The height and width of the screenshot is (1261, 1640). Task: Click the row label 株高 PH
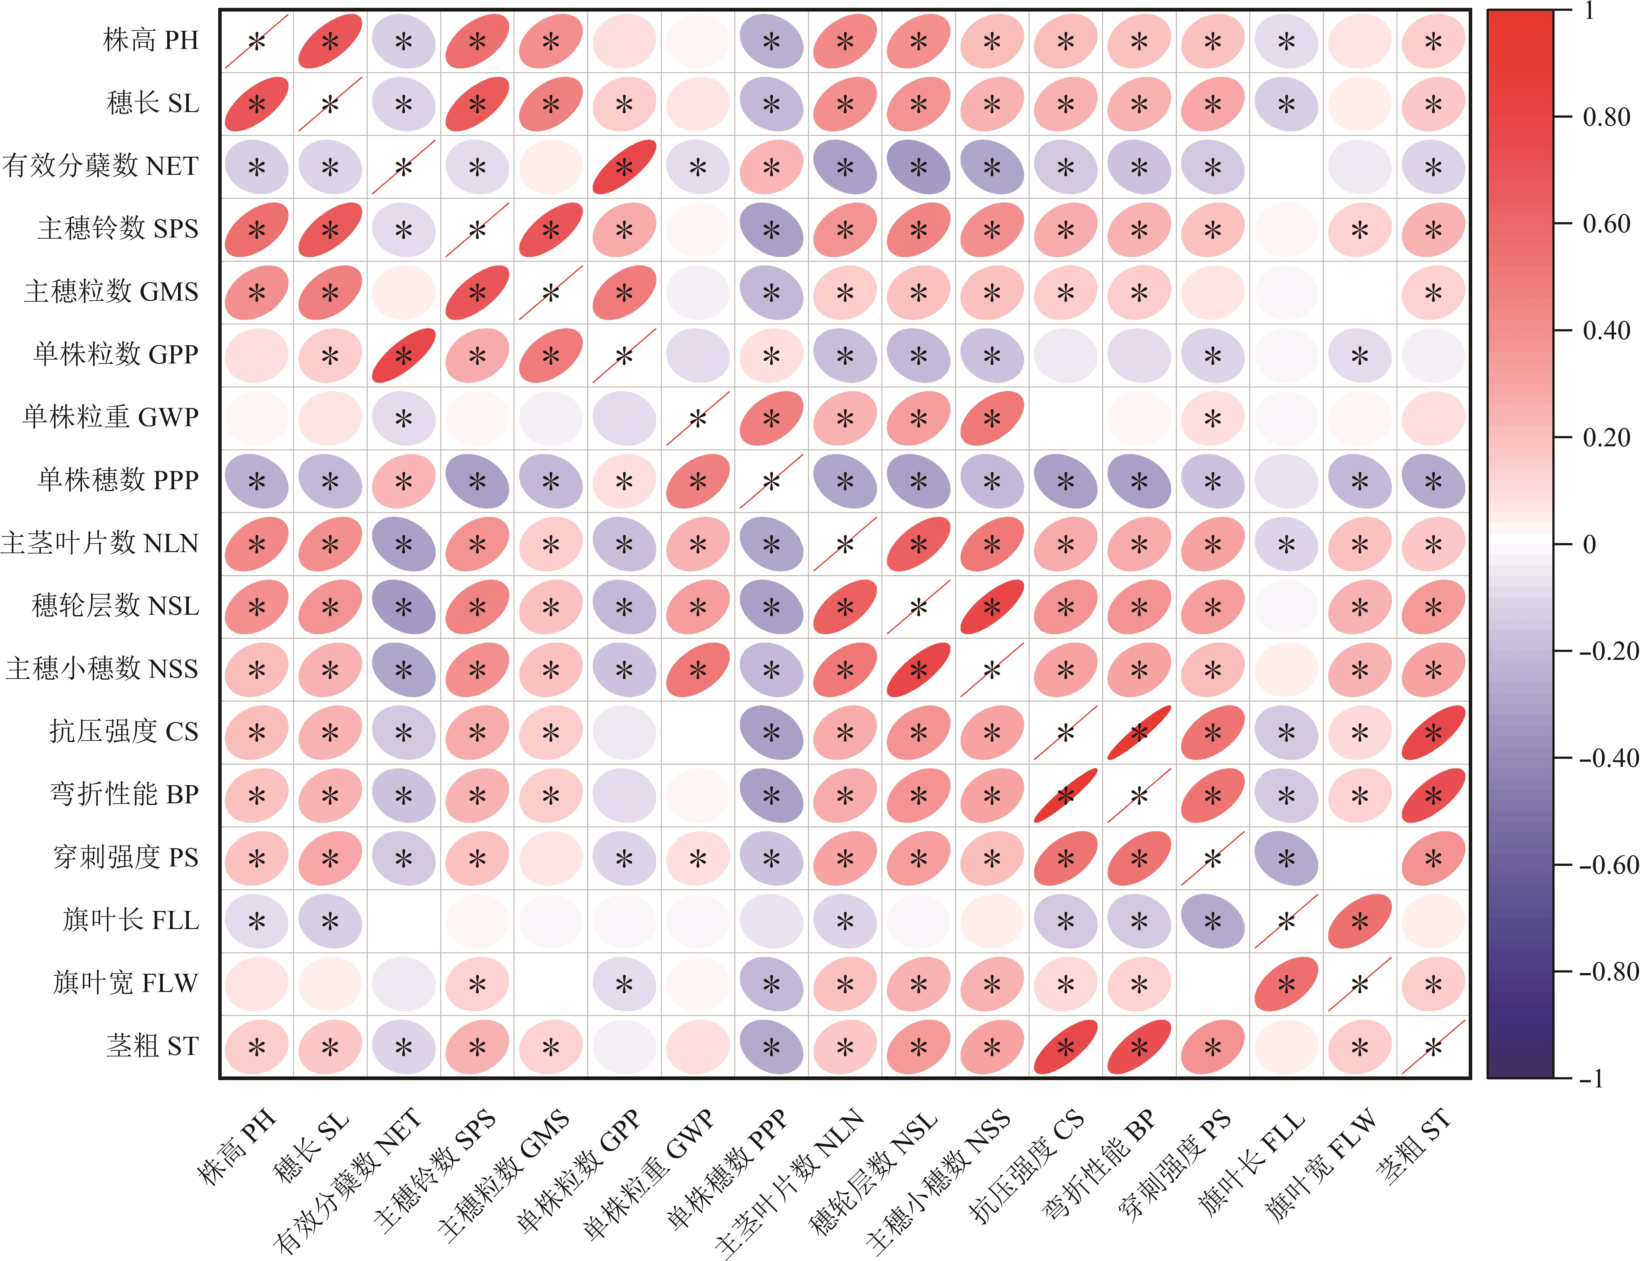(x=151, y=40)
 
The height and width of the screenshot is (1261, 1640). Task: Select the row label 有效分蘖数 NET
(x=100, y=165)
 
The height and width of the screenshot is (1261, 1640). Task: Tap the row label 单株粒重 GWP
(x=110, y=417)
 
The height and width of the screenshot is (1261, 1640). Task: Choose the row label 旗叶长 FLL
(x=131, y=920)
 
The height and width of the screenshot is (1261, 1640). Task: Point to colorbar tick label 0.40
(x=1606, y=330)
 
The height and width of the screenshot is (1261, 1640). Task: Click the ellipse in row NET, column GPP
(x=624, y=167)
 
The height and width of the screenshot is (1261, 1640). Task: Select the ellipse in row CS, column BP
(x=1139, y=733)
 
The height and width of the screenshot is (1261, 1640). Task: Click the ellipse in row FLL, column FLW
(x=1360, y=921)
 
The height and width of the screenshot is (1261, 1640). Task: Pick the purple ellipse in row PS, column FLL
(x=1286, y=858)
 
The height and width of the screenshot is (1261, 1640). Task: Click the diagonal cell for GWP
(x=698, y=418)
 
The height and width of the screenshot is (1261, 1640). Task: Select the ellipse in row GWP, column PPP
(x=771, y=418)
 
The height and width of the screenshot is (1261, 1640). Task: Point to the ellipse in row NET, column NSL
(x=918, y=167)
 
